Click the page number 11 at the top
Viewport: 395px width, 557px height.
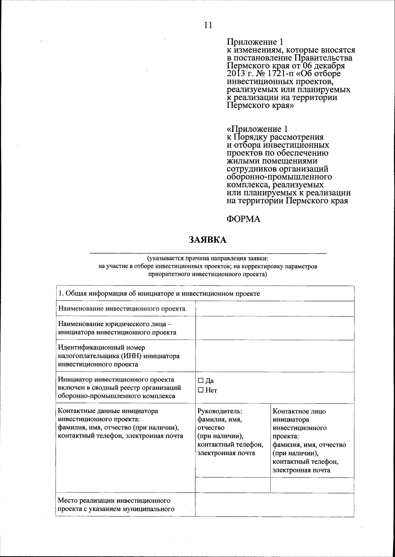pos(208,25)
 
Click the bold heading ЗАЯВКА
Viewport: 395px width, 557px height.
pos(207,240)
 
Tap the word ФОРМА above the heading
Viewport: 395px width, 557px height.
pos(244,219)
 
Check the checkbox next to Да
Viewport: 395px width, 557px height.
pos(201,381)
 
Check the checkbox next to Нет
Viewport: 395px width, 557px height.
pos(201,390)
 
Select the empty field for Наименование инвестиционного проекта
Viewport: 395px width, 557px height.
pos(275,309)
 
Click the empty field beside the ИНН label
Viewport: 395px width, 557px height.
pos(275,356)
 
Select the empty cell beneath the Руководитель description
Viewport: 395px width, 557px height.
pos(233,485)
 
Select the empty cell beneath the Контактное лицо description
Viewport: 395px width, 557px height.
pos(312,485)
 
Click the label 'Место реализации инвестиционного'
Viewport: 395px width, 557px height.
pos(114,501)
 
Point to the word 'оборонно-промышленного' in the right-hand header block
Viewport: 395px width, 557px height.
pos(279,177)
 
